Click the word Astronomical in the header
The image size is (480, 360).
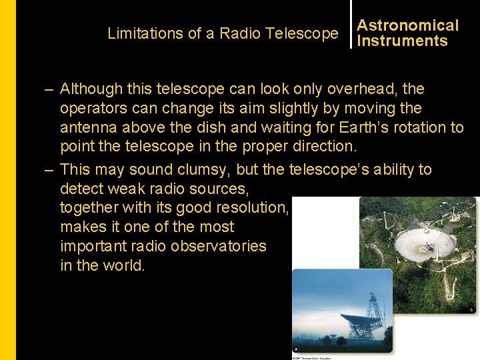click(x=407, y=26)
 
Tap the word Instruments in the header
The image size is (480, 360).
click(x=402, y=41)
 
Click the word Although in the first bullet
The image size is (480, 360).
click(x=91, y=89)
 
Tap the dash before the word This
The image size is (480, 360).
click(x=49, y=170)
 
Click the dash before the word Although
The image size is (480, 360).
click(x=49, y=89)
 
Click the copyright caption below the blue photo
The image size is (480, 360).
click(x=312, y=357)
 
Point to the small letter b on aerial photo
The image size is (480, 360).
click(x=471, y=309)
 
